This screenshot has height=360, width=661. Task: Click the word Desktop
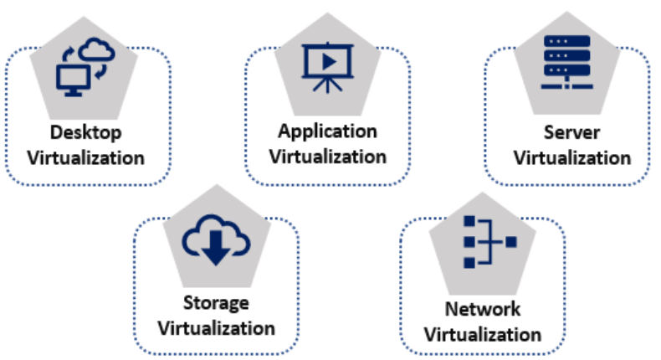85,134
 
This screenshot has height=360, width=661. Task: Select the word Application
328,132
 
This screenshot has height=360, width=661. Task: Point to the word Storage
215,302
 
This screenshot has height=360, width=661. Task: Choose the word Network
482,310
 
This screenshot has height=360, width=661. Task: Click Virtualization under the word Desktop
85,157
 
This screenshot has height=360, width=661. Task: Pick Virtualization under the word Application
328,157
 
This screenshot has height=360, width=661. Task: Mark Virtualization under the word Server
571,157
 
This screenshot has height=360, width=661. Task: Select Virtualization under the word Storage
216,327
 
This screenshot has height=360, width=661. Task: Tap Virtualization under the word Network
482,335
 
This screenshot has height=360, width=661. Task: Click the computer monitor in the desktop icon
71,79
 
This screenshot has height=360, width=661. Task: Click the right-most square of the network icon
510,243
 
